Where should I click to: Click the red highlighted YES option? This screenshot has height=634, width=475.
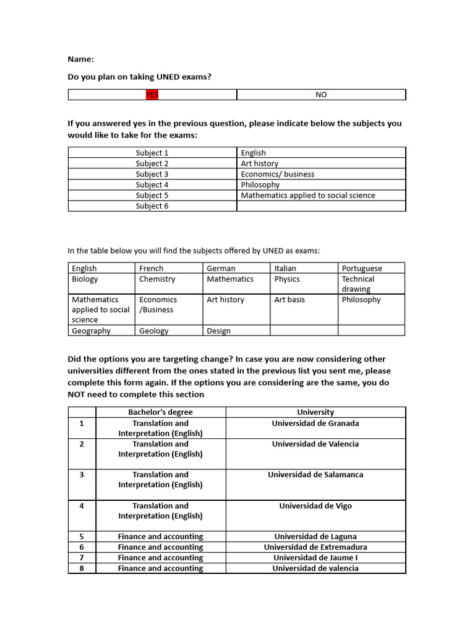[152, 95]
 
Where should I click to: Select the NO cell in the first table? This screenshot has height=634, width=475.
[321, 95]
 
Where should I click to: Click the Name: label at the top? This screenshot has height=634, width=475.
[80, 59]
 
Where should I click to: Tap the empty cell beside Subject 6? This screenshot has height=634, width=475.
[321, 206]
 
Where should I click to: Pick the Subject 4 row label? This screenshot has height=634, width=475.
[152, 185]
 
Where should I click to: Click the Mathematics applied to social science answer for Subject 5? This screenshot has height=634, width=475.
[308, 195]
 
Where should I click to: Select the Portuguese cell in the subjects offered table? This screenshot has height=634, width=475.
[362, 268]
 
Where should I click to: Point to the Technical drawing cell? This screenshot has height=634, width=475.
[359, 284]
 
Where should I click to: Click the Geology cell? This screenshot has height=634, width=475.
[154, 331]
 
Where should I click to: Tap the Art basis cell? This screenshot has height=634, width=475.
[289, 300]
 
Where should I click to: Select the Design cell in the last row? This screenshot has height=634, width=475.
[218, 331]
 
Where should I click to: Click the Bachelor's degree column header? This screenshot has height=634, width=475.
[160, 412]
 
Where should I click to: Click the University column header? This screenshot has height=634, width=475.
[315, 412]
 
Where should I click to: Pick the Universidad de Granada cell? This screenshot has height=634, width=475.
[315, 423]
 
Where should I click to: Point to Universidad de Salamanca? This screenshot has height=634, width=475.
[315, 475]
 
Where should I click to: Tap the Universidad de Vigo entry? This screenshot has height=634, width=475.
[315, 506]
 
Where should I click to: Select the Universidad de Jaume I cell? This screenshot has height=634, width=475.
[315, 557]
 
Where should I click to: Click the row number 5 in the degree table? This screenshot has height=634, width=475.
[82, 536]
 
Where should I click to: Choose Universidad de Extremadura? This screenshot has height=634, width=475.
[315, 547]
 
